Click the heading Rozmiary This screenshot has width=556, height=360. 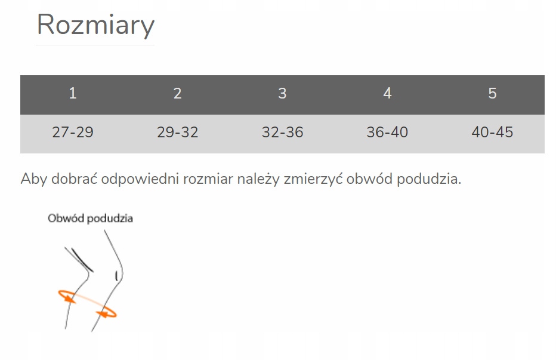pyautogui.click(x=95, y=25)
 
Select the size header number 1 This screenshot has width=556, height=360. pyautogui.click(x=73, y=93)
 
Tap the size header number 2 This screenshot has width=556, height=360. pyautogui.click(x=177, y=93)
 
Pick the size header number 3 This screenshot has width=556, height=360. pyautogui.click(x=282, y=93)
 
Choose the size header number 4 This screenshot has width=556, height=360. pyautogui.click(x=387, y=93)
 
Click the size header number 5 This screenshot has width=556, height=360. pyautogui.click(x=492, y=93)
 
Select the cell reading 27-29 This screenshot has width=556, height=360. pyautogui.click(x=73, y=132)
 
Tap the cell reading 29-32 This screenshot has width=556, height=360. pyautogui.click(x=177, y=132)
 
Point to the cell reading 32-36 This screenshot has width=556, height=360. pyautogui.click(x=282, y=132)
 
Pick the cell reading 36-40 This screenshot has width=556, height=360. pyautogui.click(x=387, y=132)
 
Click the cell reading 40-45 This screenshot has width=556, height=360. pyautogui.click(x=492, y=132)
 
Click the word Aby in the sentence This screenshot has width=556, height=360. pyautogui.click(x=33, y=179)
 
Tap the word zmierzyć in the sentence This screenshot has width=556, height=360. pyautogui.click(x=313, y=179)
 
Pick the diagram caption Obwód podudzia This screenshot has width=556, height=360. pyautogui.click(x=91, y=218)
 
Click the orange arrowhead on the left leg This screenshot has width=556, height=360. pyautogui.click(x=70, y=299)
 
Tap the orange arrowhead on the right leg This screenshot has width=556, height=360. pyautogui.click(x=103, y=314)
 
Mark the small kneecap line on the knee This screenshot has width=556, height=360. pyautogui.click(x=116, y=276)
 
